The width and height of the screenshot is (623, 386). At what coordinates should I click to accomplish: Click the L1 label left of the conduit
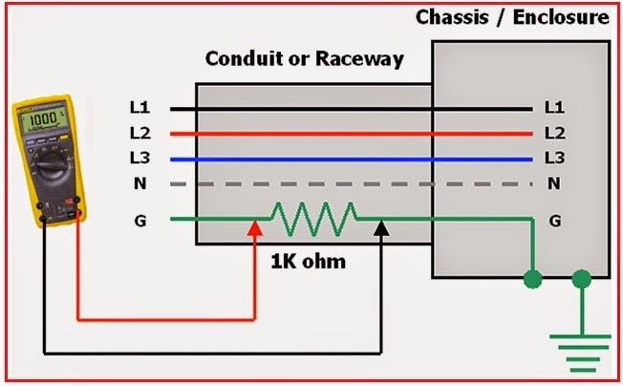point(140,108)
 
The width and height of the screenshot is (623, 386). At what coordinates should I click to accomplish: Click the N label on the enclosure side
point(553,182)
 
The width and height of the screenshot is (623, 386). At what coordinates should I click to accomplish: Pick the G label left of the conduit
point(140,221)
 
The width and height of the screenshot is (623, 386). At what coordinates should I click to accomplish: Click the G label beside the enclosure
point(553,221)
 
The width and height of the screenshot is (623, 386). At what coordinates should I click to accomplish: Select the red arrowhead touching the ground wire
point(254,229)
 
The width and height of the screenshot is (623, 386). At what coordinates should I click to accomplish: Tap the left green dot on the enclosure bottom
point(532,279)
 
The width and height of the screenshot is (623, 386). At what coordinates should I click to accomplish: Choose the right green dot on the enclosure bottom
point(580,279)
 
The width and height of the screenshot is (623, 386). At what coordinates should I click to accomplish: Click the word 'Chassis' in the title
point(449,17)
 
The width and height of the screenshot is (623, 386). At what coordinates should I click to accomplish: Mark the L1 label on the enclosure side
point(553,108)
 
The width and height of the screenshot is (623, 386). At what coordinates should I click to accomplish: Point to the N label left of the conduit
point(140,182)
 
